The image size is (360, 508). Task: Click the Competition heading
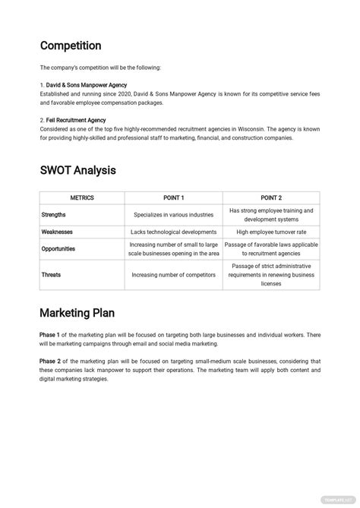click(70, 46)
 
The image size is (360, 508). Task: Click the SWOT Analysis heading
click(77, 170)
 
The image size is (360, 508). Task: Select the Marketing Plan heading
click(78, 312)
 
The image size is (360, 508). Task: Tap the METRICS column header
click(82, 197)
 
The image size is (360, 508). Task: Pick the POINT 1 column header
click(173, 197)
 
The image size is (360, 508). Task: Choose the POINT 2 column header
click(271, 197)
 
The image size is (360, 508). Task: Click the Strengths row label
click(53, 215)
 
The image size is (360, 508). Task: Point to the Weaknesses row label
click(57, 232)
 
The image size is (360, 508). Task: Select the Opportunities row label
click(58, 249)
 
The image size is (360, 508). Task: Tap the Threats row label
click(51, 275)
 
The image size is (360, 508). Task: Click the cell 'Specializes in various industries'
click(173, 215)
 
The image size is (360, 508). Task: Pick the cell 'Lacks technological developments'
click(173, 232)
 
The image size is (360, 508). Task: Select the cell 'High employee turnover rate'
click(271, 232)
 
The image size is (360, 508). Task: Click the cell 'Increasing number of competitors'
click(173, 275)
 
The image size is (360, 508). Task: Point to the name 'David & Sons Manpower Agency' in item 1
click(87, 85)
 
